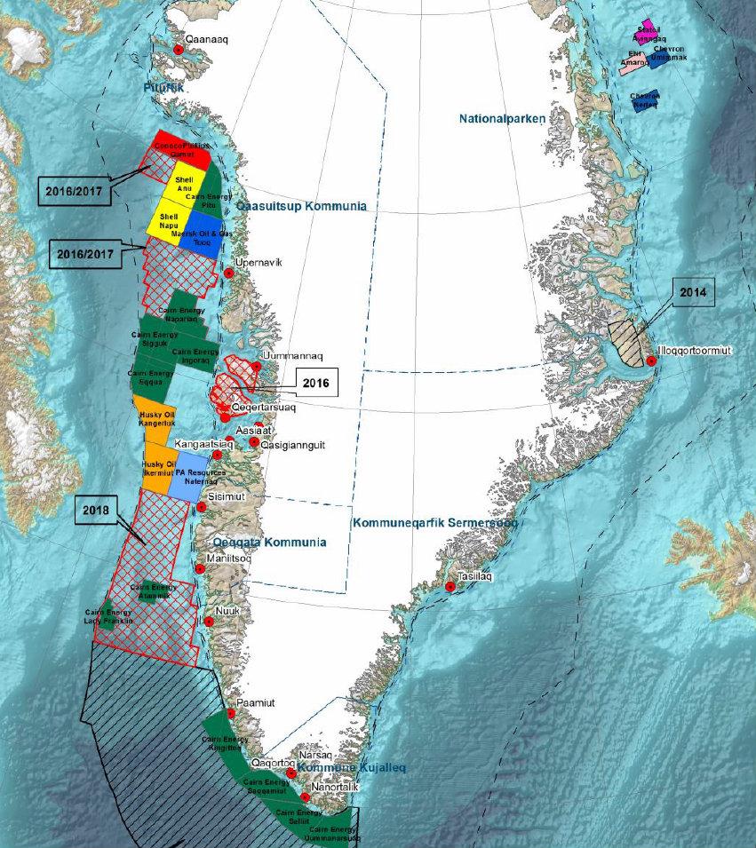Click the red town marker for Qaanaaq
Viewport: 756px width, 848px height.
pyautogui.click(x=178, y=50)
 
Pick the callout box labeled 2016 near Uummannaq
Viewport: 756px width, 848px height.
pyautogui.click(x=315, y=384)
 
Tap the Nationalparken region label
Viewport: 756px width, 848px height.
pyautogui.click(x=502, y=118)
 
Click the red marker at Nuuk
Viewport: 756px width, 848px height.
pyautogui.click(x=209, y=622)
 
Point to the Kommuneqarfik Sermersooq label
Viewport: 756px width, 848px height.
pyautogui.click(x=435, y=523)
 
